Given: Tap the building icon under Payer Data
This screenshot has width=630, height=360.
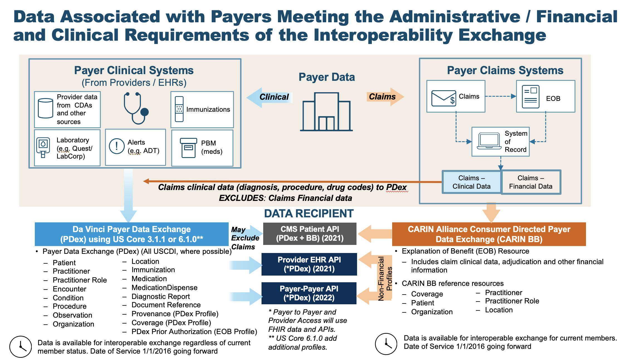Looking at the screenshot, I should (x=326, y=112).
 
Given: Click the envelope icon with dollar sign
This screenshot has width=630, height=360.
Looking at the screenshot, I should (x=443, y=98).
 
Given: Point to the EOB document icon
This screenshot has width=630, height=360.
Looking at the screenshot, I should (x=530, y=97).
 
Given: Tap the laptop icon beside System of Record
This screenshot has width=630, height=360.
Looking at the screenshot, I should (x=489, y=141).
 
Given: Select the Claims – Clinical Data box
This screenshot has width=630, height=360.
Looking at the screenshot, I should (x=471, y=182).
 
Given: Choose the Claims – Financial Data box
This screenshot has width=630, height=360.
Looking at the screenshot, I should (x=531, y=182).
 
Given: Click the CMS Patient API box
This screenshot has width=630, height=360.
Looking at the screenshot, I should (x=309, y=233).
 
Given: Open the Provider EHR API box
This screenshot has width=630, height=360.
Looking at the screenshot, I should (x=309, y=264).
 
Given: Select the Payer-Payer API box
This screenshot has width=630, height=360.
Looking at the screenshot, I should (x=309, y=293).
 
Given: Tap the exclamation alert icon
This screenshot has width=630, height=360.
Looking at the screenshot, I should (x=117, y=146).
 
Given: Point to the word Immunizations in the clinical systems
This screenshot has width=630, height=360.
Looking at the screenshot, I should (x=208, y=110).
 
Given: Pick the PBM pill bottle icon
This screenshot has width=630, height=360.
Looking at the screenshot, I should (x=189, y=148).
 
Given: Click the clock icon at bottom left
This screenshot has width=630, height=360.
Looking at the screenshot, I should (x=21, y=347).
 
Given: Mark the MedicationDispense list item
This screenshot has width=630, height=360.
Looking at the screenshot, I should (x=164, y=288).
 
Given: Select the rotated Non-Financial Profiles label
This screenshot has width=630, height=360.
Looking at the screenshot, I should (x=385, y=279).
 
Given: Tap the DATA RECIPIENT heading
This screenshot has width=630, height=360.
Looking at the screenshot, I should (x=309, y=214).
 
